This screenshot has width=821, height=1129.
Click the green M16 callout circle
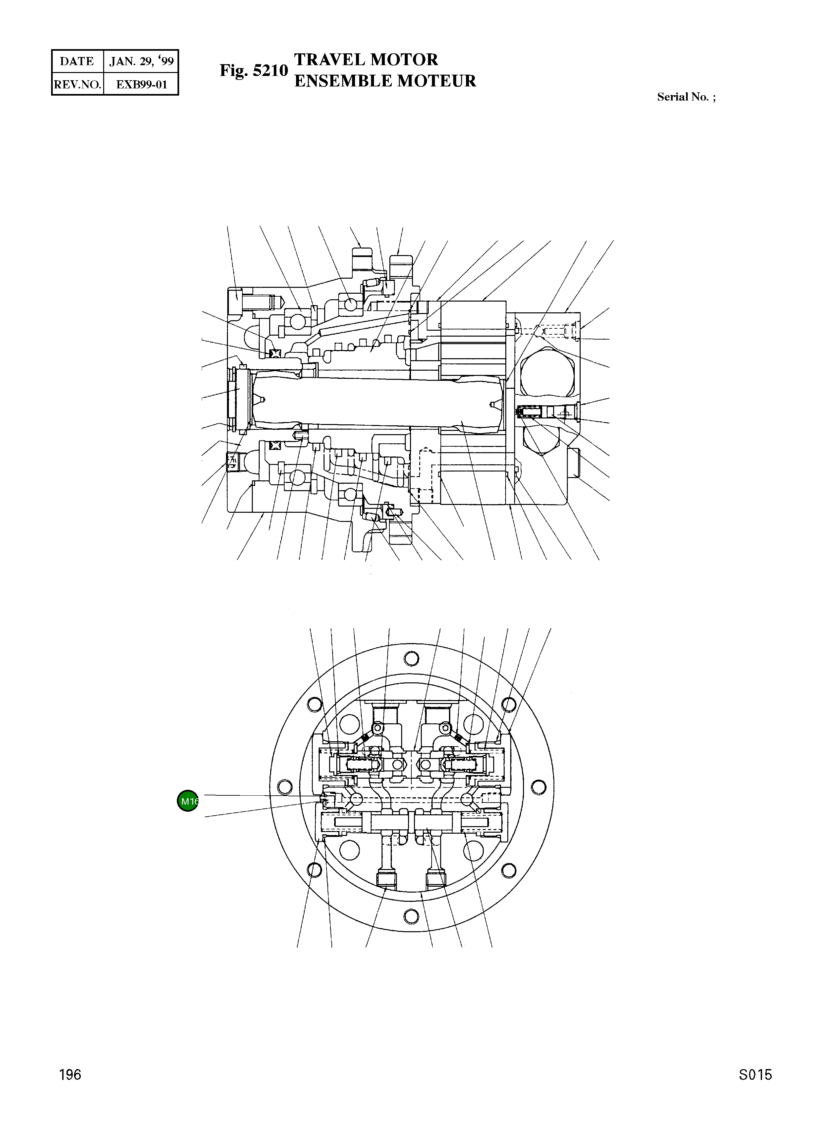click(188, 801)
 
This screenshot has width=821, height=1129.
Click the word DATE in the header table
click(77, 61)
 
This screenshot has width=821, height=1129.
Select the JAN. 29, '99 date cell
click(141, 61)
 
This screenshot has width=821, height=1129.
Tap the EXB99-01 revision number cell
click(141, 84)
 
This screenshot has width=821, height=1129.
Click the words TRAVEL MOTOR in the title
click(366, 60)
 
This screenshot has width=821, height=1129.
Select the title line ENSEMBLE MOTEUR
click(385, 81)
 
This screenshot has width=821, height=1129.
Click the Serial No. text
click(686, 97)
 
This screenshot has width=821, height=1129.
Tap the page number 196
click(70, 1074)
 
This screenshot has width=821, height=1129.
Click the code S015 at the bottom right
click(755, 1074)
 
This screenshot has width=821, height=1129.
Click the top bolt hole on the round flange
click(411, 658)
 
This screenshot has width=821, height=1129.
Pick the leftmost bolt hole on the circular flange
click(285, 787)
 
